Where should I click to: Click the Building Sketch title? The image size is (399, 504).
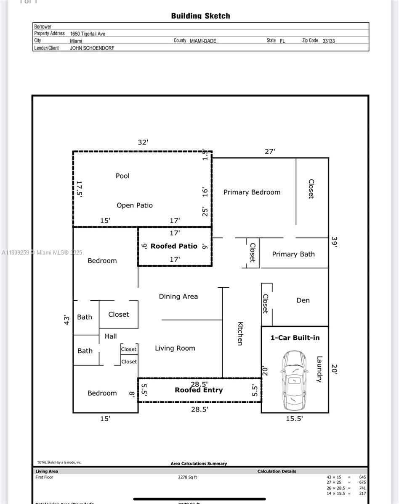point(200,16)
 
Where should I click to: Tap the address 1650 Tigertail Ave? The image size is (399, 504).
point(88,34)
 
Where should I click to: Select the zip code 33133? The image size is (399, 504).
point(329,41)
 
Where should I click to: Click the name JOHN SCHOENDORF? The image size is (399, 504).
point(92,48)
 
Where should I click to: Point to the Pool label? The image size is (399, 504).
point(122,176)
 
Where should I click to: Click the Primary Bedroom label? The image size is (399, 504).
point(252,192)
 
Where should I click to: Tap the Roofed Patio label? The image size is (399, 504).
point(174,246)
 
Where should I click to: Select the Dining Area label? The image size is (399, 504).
point(178,297)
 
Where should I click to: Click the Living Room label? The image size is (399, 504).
point(175,348)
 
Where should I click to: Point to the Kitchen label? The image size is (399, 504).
point(240,333)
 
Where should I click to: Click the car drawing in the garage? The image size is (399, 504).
point(294,381)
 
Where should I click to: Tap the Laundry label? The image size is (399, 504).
point(319,369)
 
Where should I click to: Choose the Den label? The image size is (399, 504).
point(303,300)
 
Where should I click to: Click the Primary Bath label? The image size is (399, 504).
point(293,254)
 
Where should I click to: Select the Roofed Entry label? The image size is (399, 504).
point(199,390)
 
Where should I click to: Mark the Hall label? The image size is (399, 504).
point(111,336)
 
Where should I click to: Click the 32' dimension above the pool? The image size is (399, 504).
point(143,142)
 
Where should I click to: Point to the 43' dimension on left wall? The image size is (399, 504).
point(66,320)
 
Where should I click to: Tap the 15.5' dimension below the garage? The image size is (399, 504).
point(294,419)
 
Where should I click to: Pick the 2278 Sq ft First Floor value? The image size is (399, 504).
point(187,477)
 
